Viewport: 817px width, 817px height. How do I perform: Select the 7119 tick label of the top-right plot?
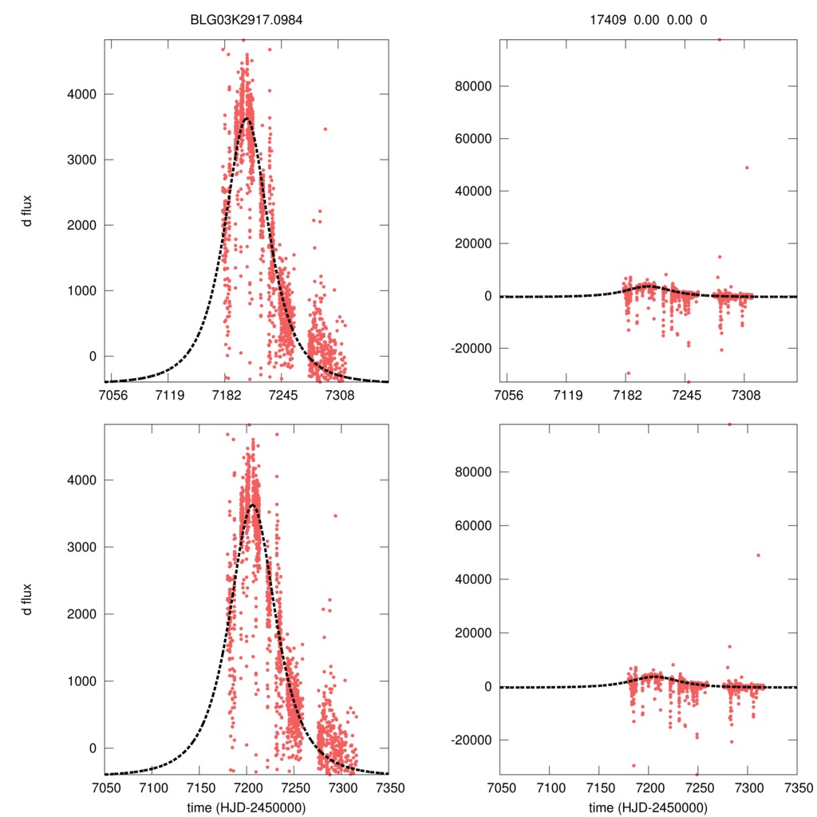pos(567,395)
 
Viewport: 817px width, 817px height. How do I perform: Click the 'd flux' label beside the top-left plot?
pos(28,211)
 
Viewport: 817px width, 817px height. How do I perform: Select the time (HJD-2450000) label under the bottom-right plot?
pos(648,807)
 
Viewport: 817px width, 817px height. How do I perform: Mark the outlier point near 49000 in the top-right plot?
pos(747,168)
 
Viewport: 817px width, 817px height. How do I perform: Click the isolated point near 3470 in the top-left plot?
pos(325,128)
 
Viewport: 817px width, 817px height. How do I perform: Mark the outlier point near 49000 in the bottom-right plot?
pos(758,555)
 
